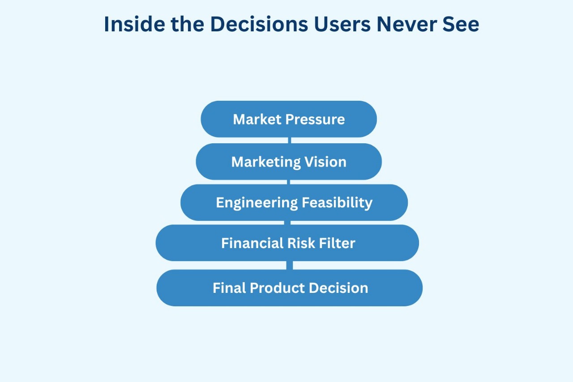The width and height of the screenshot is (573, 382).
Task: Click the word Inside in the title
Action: (x=135, y=24)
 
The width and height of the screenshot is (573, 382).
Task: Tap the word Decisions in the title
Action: (x=259, y=24)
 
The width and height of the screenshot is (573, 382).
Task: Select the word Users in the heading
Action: (x=342, y=24)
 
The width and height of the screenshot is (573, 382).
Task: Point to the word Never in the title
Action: (x=407, y=24)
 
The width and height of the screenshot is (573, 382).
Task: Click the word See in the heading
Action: (x=461, y=24)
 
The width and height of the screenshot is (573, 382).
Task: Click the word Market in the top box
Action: (x=257, y=119)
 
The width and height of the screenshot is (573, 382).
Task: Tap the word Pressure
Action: (x=315, y=120)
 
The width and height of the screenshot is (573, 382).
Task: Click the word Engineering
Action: (x=257, y=203)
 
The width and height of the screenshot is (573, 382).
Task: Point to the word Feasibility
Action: (x=337, y=203)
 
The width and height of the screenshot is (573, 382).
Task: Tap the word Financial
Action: (x=252, y=243)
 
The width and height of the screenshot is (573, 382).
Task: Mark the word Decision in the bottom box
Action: (x=339, y=288)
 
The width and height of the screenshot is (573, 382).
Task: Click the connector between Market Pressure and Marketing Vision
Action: (x=290, y=140)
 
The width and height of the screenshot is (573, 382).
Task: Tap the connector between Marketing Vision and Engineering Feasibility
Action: (x=289, y=182)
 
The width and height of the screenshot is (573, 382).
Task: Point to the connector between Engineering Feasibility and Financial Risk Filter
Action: (x=287, y=223)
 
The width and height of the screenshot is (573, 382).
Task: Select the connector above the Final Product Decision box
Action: (x=290, y=265)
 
